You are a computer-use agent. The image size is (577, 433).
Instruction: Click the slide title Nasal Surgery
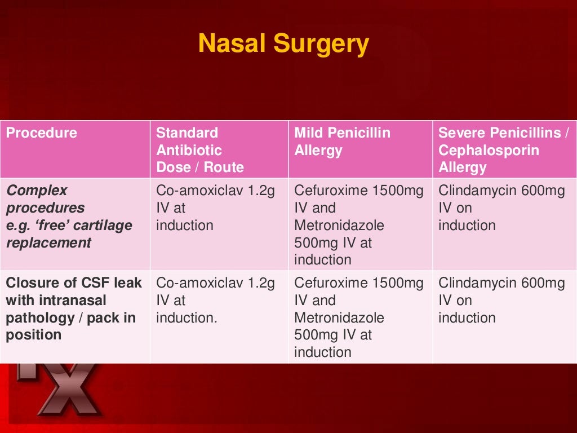click(x=283, y=43)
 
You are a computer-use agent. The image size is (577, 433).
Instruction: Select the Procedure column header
click(x=41, y=133)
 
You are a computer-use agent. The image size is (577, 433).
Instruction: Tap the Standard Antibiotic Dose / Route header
click(x=199, y=150)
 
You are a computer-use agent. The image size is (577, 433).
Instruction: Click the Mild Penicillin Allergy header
click(x=342, y=142)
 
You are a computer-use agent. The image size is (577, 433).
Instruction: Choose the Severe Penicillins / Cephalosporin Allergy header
click(x=503, y=150)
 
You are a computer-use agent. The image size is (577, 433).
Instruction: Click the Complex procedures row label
click(x=69, y=216)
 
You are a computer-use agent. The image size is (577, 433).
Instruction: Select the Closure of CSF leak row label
click(x=73, y=309)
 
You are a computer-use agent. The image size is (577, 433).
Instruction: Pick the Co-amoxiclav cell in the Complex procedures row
click(x=215, y=208)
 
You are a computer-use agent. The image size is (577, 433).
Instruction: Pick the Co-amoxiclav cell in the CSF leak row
click(x=215, y=300)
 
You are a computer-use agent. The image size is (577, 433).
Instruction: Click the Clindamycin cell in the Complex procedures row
click(x=501, y=208)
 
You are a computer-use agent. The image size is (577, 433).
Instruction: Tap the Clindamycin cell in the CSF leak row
click(x=501, y=300)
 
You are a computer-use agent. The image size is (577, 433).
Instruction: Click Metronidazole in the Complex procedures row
click(x=339, y=226)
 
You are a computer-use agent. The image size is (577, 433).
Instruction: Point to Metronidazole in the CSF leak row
click(x=339, y=317)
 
